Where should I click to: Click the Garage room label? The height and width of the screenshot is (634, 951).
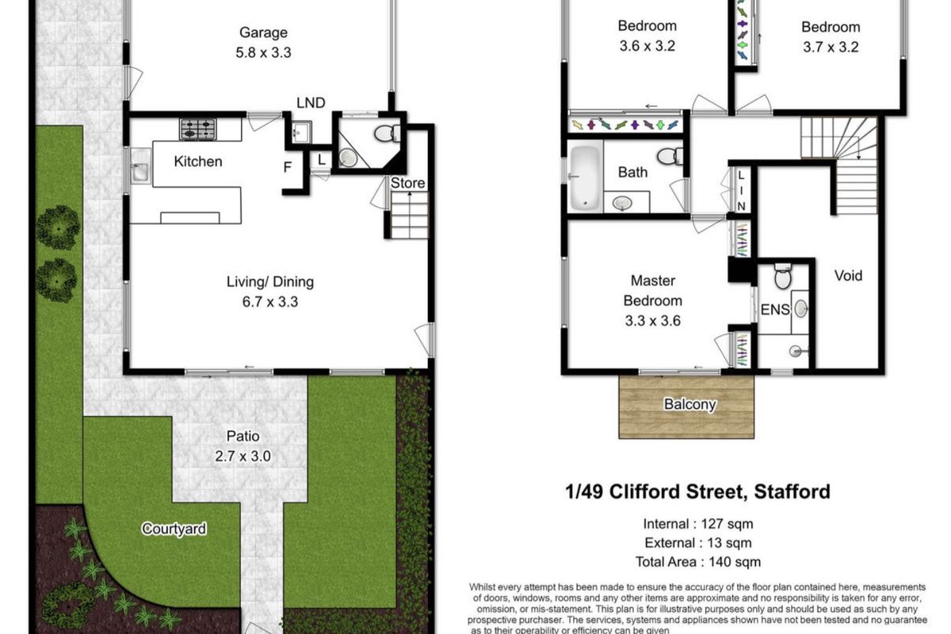[264, 32]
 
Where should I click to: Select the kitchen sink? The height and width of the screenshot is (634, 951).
[139, 170]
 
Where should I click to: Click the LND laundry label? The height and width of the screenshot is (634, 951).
[311, 101]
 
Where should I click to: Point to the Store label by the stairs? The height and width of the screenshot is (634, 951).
[409, 183]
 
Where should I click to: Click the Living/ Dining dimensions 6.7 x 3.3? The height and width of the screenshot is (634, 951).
[259, 301]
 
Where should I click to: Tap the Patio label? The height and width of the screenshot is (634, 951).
[242, 436]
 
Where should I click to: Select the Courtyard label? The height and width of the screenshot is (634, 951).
[174, 529]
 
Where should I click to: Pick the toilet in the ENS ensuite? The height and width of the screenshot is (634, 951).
[781, 277]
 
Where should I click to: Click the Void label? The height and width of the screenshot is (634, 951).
[848, 276]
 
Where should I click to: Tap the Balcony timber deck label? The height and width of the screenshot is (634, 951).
[689, 404]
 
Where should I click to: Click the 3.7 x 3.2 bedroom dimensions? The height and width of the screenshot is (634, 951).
[830, 47]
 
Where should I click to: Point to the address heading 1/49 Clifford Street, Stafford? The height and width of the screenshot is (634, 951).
[697, 491]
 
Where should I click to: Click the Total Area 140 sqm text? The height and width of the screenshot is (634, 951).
[698, 562]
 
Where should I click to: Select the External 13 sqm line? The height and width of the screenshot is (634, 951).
[698, 543]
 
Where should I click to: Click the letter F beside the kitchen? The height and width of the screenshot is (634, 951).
[287, 167]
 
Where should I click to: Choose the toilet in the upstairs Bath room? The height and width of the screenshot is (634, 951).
[670, 155]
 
